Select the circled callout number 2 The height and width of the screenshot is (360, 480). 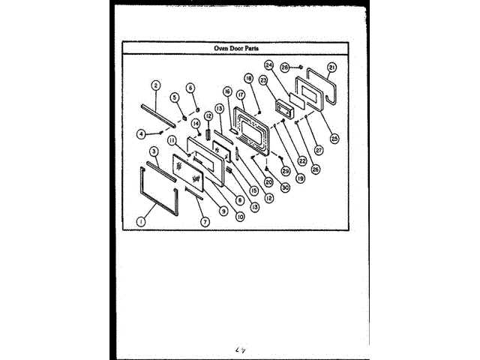tap(155, 85)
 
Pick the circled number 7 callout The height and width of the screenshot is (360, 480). tap(204, 221)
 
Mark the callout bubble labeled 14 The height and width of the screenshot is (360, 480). tap(195, 123)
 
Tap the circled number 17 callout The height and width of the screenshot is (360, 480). tap(241, 95)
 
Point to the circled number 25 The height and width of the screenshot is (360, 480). tap(334, 137)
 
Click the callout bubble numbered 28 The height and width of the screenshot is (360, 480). tap(285, 67)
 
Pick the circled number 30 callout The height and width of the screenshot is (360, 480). tap(286, 188)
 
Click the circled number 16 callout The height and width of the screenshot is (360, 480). tap(226, 91)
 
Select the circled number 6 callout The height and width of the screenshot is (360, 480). tap(190, 88)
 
